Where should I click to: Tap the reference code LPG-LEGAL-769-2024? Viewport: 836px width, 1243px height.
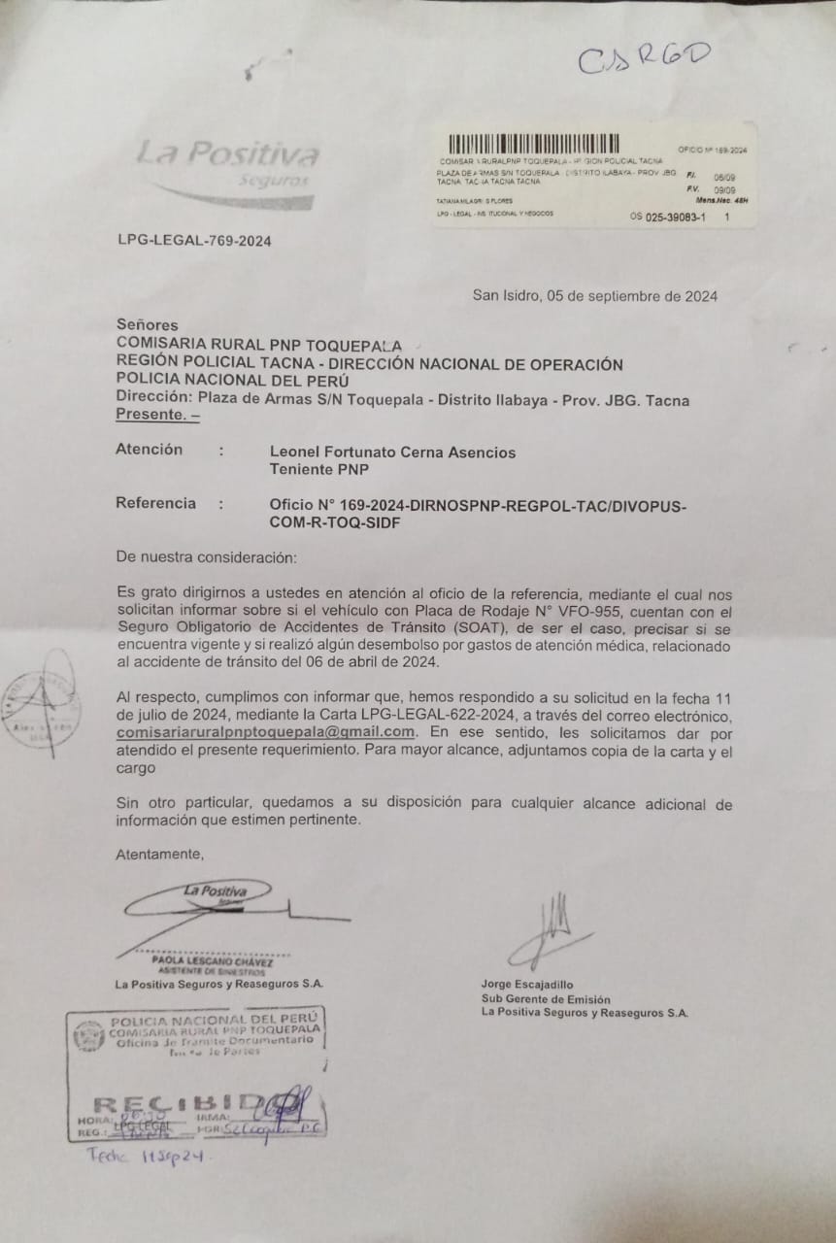(193, 241)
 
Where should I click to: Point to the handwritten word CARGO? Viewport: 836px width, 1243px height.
(645, 57)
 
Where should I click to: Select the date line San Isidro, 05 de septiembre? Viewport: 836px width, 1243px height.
(595, 296)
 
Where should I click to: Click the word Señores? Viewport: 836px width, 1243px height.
(147, 325)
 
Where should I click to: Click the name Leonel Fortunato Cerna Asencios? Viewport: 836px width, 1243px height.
(392, 453)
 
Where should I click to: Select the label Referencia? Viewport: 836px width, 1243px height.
(155, 503)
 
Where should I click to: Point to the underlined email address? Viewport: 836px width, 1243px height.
(266, 731)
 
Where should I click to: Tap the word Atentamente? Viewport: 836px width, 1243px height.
(160, 855)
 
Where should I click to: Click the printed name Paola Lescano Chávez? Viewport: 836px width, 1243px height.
(212, 961)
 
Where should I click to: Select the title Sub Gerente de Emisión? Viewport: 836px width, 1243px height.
(546, 998)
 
